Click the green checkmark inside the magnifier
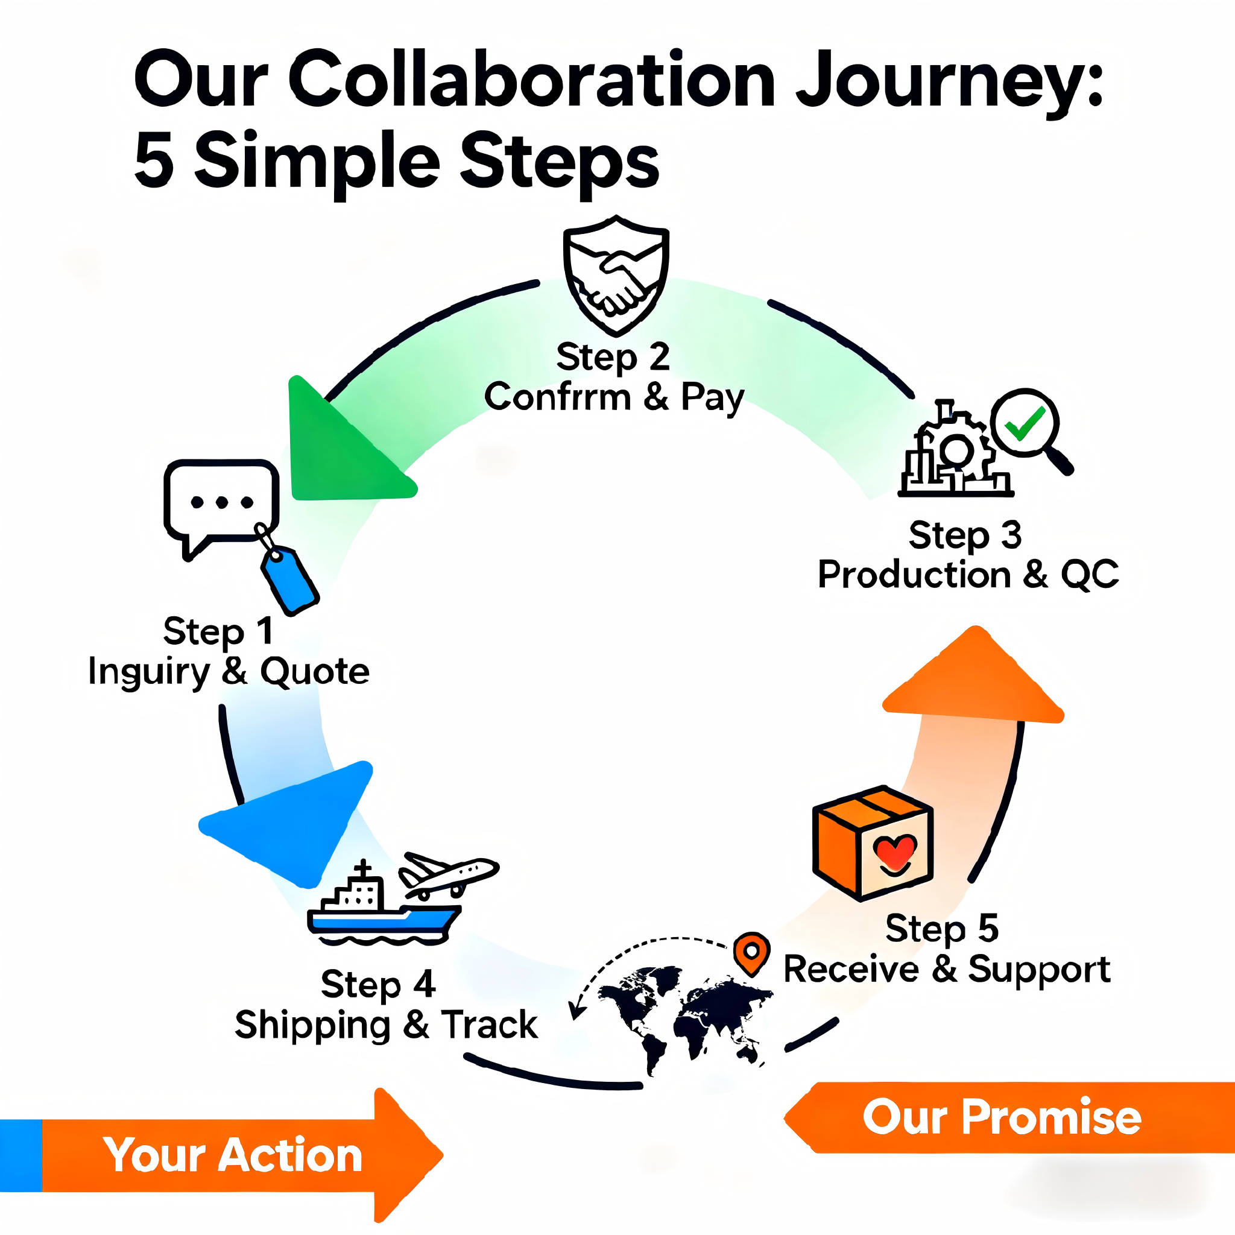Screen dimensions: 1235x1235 tap(1024, 423)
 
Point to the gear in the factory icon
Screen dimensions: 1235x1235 tap(957, 449)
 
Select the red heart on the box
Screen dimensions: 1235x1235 tap(895, 851)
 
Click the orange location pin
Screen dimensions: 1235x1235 tap(752, 952)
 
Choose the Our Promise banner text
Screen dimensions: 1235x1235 tap(1001, 1117)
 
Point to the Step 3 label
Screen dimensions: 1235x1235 tap(965, 535)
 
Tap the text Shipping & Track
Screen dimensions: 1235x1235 tap(386, 1025)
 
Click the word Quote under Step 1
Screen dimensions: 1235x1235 tap(315, 672)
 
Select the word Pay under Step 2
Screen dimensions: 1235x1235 tap(712, 397)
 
